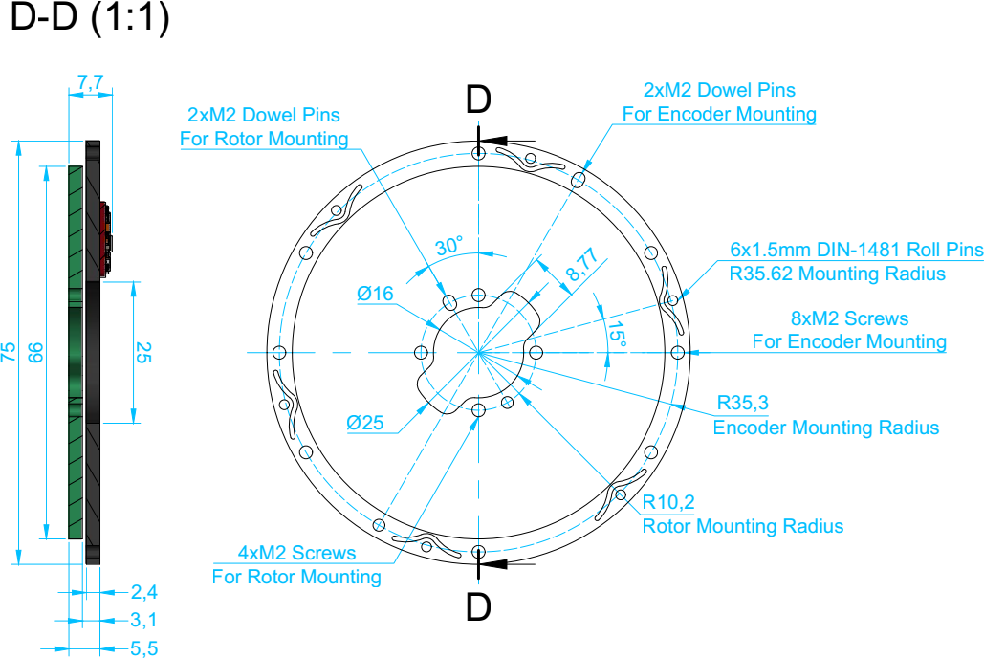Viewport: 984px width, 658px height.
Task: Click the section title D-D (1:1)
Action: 90,17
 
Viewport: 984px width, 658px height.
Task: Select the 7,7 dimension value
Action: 90,83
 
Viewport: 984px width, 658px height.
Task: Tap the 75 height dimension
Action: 9,352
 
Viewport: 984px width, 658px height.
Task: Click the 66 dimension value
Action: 35,352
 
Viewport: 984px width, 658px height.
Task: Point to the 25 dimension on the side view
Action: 143,352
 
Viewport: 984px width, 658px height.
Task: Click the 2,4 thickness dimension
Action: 143,591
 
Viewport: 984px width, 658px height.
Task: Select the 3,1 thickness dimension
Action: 143,620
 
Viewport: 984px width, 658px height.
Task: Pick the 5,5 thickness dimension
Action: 143,647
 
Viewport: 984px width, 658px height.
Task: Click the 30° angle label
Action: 449,246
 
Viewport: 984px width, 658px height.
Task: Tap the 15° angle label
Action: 616,334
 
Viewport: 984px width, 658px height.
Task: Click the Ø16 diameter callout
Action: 375,294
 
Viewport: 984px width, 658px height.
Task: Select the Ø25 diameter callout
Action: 365,423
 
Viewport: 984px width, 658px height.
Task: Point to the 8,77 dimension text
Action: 581,264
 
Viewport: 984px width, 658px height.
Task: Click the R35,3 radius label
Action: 742,403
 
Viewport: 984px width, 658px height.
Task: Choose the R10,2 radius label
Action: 668,502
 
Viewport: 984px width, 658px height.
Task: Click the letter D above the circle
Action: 478,99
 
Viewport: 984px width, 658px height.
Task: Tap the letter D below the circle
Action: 478,607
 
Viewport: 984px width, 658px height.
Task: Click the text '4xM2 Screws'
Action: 296,553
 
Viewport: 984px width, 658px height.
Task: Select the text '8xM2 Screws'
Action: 850,318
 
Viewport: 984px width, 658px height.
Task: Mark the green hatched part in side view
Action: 76,352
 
